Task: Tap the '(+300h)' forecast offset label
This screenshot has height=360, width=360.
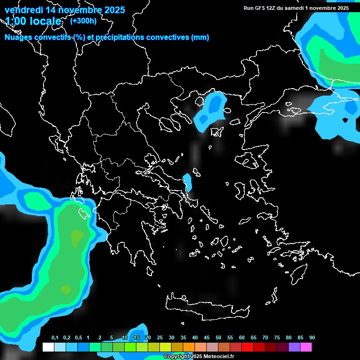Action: click(83, 20)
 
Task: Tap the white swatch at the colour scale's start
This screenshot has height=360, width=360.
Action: click(48, 347)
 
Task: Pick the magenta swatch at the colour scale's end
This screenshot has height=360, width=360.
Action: click(306, 347)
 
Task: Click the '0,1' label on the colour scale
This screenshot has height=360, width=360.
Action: click(54, 338)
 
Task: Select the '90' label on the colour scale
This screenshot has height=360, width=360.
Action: click(312, 338)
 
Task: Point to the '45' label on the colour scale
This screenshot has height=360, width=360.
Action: click(195, 338)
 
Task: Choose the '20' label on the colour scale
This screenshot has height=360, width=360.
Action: click(148, 338)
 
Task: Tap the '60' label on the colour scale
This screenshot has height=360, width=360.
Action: click(242, 338)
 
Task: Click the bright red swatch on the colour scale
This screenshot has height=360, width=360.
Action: click(247, 347)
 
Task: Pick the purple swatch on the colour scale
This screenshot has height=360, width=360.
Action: click(294, 347)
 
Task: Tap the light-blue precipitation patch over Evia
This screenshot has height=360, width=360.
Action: click(187, 181)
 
